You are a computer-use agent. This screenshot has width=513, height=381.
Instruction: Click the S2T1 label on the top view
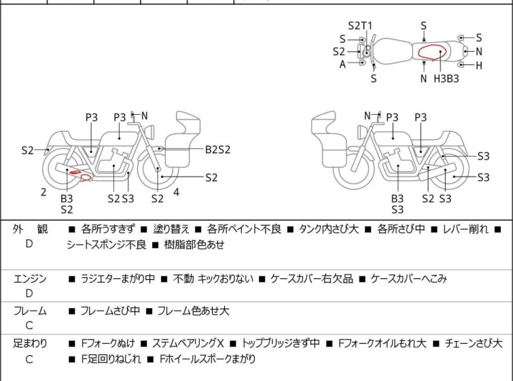point(360,26)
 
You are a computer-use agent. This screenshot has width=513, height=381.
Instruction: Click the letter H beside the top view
point(478,65)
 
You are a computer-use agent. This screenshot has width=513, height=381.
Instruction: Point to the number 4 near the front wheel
point(176,192)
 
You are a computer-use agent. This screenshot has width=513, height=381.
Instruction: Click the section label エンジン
point(29,278)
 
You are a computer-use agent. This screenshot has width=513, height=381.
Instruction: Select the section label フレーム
point(29,311)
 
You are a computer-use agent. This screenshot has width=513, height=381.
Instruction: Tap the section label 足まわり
point(29,343)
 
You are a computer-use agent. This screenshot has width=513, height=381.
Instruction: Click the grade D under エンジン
point(29,293)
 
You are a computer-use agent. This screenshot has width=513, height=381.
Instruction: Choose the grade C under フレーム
point(29,326)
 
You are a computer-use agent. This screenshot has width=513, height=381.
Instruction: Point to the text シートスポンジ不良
point(106,244)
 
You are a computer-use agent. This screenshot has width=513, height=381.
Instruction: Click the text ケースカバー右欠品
point(312,278)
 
